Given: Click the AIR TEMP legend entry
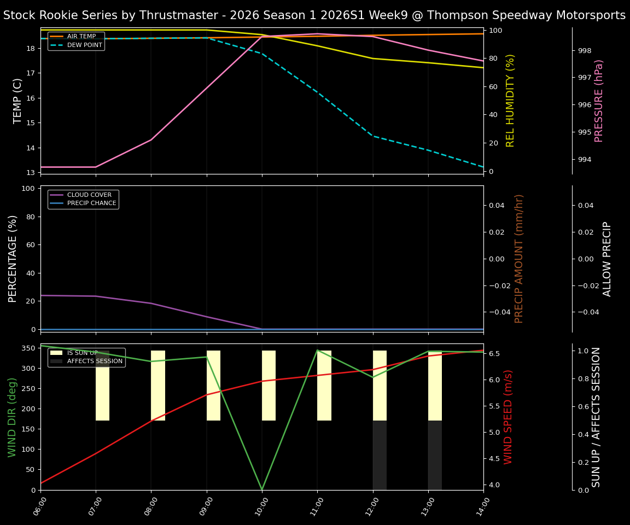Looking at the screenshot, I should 82,37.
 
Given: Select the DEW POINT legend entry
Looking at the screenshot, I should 84,45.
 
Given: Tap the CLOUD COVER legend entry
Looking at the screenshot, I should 90,195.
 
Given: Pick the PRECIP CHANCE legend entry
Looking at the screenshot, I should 92,203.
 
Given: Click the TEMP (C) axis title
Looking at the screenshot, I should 18,101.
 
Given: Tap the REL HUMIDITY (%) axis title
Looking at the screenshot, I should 510,101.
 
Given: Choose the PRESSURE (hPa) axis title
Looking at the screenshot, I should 599,101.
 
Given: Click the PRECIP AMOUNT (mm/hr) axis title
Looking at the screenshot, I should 519,259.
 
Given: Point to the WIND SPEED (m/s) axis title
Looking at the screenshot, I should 508,417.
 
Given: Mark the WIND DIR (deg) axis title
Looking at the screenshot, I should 12,417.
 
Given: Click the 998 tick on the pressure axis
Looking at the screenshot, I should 585,51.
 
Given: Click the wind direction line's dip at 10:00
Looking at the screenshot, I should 262,488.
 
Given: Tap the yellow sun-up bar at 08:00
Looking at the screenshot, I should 158,386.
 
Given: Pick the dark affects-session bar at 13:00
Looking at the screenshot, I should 435,455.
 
